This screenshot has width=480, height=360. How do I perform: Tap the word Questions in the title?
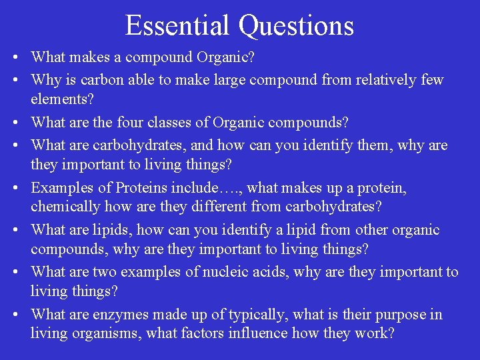[297, 25]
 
